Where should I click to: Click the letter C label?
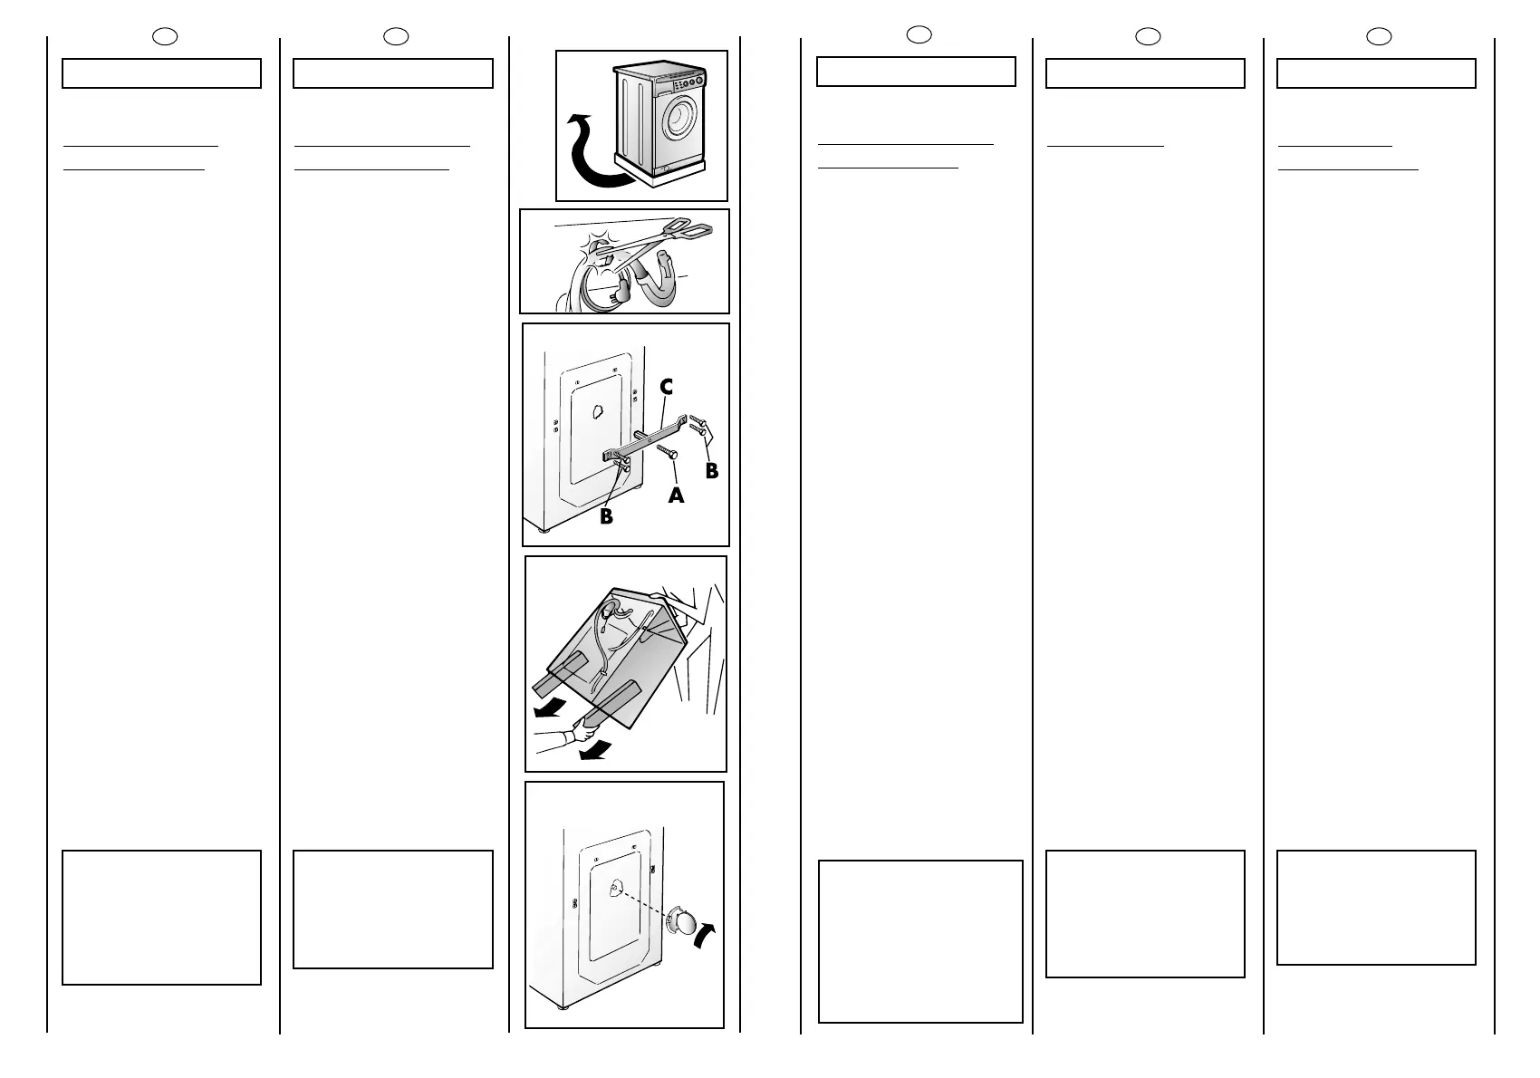click(x=666, y=387)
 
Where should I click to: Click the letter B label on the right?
click(x=711, y=470)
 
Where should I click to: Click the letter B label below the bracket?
click(x=606, y=517)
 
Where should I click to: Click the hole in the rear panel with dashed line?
click(x=614, y=889)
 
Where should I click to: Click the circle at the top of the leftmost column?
click(x=165, y=36)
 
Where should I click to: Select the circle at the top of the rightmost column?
click(x=1378, y=36)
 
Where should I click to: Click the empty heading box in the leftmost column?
click(x=161, y=73)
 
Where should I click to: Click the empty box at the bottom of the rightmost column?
click(x=1376, y=907)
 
